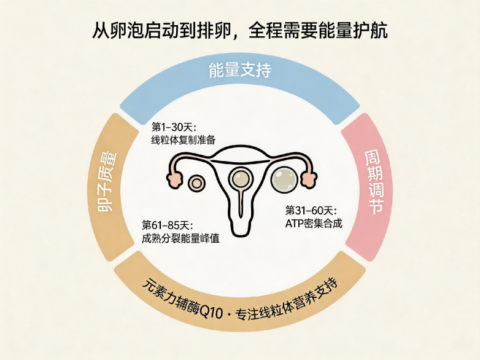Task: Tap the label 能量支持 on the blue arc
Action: pyautogui.click(x=240, y=71)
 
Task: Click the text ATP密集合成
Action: pyautogui.click(x=314, y=223)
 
